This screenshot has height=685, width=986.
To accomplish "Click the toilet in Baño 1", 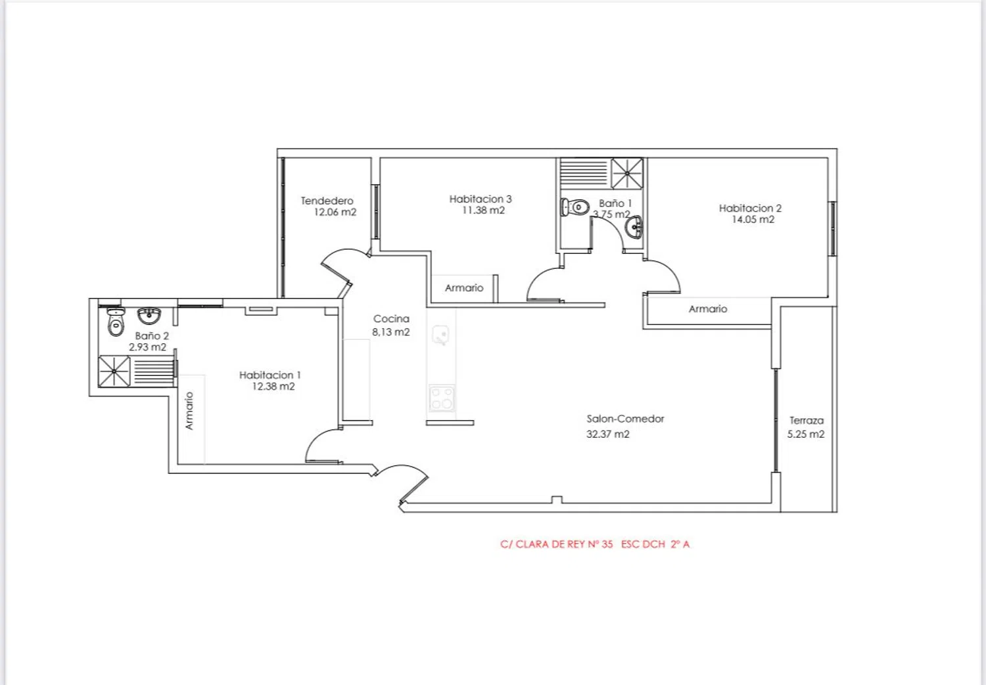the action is (575, 206).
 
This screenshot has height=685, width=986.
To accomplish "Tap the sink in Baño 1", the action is (634, 227).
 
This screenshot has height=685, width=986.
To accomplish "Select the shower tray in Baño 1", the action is (627, 174).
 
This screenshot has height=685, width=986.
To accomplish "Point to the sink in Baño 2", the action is (149, 316).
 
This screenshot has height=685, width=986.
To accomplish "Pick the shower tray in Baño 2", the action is (114, 371).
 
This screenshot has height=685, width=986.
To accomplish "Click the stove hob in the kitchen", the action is (442, 398).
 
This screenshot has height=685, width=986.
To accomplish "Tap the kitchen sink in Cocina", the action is (440, 335).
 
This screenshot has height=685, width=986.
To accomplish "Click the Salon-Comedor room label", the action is (625, 419).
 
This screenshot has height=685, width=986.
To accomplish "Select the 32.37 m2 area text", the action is (607, 434).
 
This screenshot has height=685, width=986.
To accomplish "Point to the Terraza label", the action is (807, 421).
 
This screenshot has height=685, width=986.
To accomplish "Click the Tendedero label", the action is (327, 201).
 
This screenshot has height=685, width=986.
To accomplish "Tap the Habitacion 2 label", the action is (750, 208).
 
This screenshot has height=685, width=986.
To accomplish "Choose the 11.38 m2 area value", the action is (483, 210).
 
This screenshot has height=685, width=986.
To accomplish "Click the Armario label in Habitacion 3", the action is (464, 288).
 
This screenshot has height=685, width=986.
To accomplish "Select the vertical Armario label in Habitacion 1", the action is (189, 411).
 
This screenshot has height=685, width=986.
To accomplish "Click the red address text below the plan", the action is (595, 544).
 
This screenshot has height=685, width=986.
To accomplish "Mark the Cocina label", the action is (391, 319).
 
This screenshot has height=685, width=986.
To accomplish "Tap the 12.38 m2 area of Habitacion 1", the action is (273, 387).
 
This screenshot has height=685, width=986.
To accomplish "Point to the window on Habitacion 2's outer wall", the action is (832, 229).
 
